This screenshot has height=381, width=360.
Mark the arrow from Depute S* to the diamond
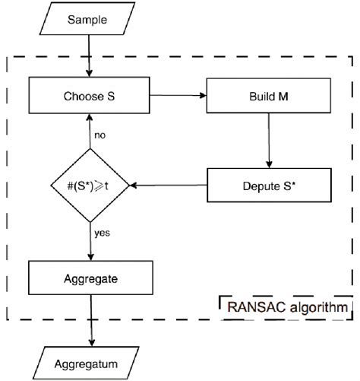click(x=168, y=185)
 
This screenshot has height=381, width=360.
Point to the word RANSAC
click(x=255, y=308)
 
